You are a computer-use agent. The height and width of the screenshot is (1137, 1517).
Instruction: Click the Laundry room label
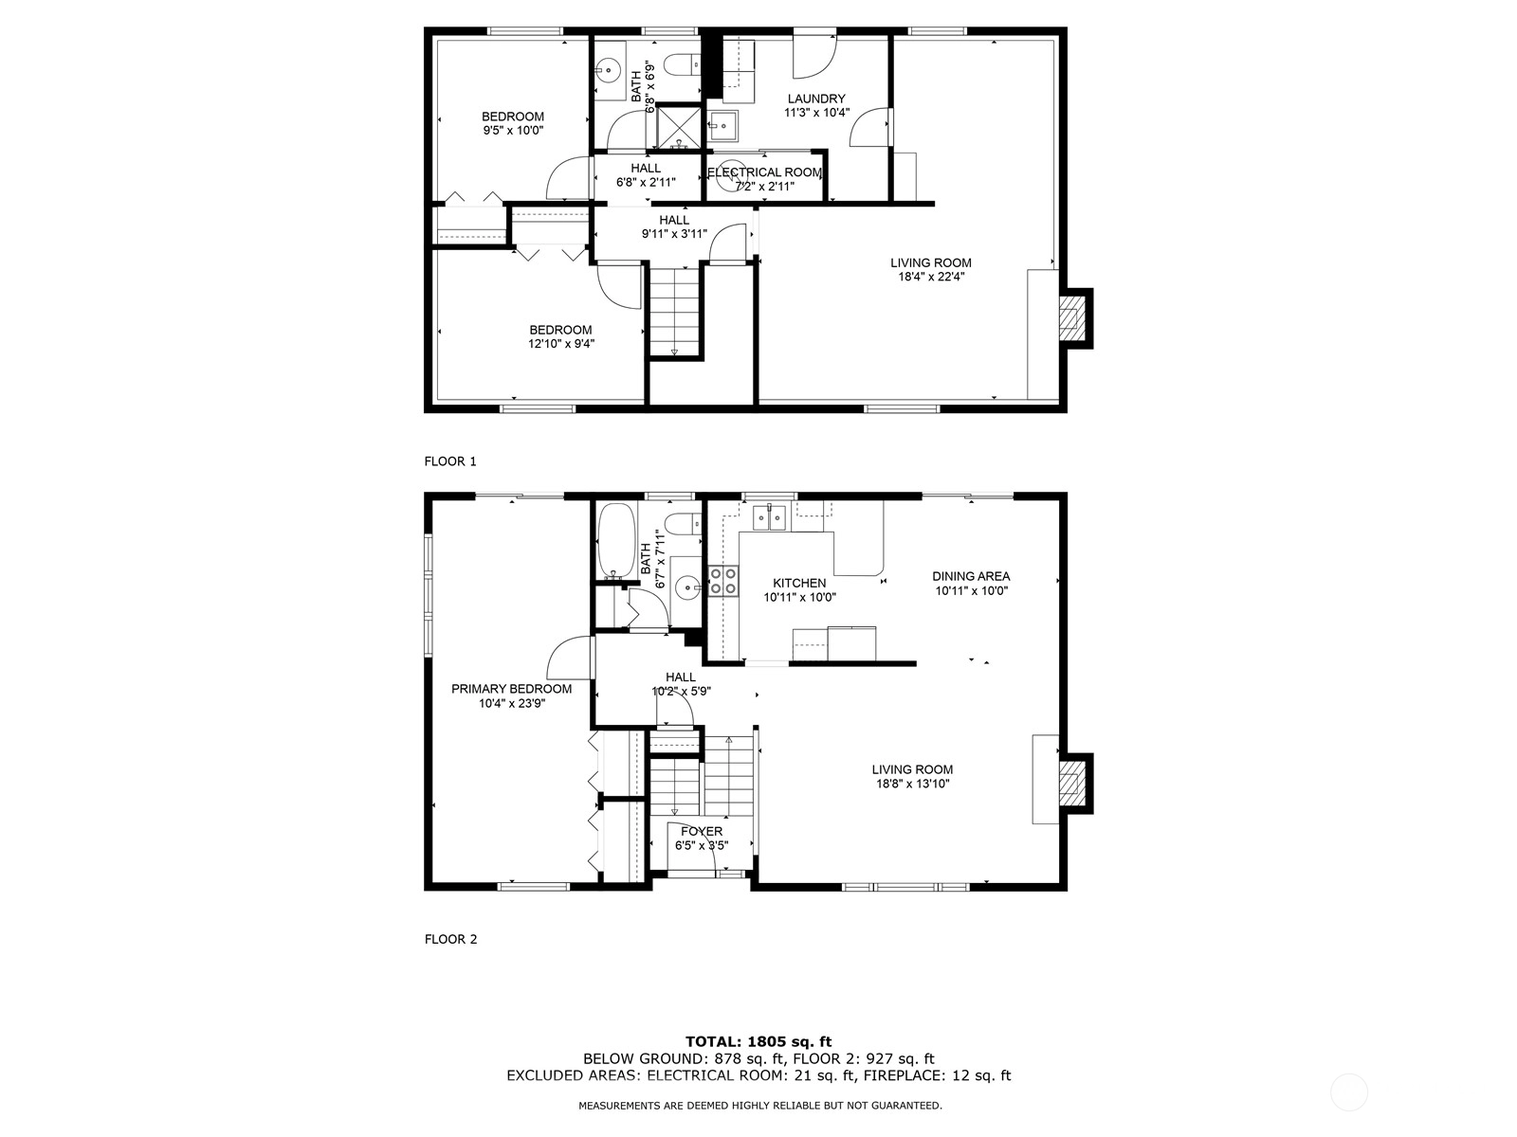coord(816,99)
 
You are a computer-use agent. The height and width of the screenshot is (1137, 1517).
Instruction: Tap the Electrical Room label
coord(764,172)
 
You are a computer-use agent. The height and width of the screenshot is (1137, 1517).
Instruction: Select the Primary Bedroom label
coord(511,689)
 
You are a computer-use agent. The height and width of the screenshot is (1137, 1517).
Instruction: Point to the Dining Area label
coord(971,576)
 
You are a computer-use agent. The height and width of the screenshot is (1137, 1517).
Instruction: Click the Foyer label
coord(702,832)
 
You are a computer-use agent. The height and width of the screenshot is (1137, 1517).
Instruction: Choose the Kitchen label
coord(799,584)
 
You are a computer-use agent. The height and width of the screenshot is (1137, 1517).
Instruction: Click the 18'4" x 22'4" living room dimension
coord(931,277)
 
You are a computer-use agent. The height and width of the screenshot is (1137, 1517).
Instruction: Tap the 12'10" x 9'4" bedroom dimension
coord(561,344)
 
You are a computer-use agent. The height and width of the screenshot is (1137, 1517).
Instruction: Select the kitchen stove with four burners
coord(723,581)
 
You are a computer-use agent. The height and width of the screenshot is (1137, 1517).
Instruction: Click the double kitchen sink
coord(770,517)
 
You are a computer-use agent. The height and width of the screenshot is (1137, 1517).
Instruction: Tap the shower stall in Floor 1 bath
coord(678,126)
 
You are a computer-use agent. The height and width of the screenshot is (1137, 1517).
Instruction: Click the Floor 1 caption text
coord(450,461)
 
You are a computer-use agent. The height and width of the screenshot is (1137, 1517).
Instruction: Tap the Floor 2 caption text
coord(450,939)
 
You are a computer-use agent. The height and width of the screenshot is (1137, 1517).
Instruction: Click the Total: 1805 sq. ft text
coord(758,1041)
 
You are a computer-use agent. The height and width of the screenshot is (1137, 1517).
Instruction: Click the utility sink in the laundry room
coord(722,126)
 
